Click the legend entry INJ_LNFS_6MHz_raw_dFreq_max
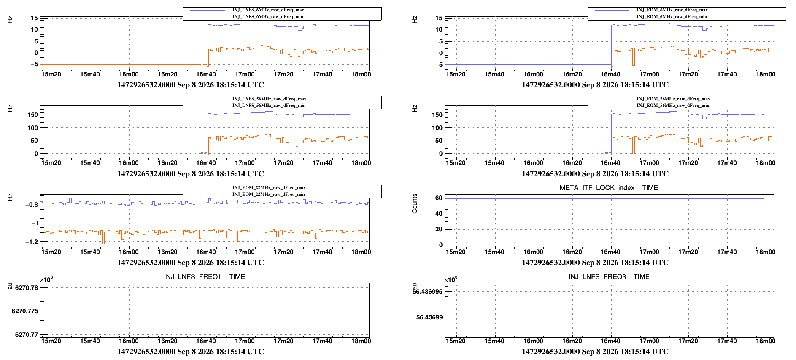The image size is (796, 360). [268, 10]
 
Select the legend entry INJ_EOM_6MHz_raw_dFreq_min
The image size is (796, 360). [672, 16]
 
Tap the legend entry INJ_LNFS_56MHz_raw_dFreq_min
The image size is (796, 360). [269, 105]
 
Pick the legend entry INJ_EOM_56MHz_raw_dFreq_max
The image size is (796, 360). [673, 99]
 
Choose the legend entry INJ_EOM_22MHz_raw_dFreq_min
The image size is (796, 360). [268, 194]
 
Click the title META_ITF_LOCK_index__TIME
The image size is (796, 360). [609, 188]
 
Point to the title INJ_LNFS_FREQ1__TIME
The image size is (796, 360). [205, 277]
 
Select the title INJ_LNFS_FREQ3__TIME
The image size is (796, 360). [609, 277]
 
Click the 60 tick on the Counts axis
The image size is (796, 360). [439, 198]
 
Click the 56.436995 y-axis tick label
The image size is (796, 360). [427, 292]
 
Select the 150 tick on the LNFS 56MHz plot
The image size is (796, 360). [32, 115]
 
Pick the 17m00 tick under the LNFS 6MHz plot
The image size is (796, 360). [245, 74]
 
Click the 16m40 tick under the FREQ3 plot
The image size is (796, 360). [610, 341]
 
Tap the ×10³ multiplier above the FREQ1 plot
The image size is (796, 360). [46, 280]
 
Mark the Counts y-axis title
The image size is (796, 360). [415, 203]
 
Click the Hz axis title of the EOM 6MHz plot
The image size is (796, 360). [415, 19]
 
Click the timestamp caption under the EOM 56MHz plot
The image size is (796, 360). [595, 174]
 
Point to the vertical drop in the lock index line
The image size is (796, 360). [764, 221]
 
